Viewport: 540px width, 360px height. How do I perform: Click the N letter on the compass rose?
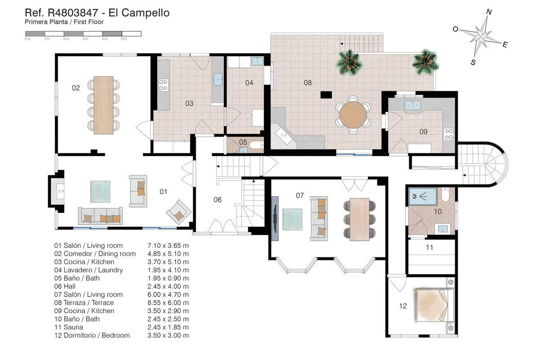click(x=489, y=12)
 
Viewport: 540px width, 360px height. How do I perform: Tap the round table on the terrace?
click(x=353, y=115)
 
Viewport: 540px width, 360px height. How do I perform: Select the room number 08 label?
click(x=308, y=83)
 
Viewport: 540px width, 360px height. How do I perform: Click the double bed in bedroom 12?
click(x=432, y=305)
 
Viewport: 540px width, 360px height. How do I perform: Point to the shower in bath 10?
click(x=423, y=197)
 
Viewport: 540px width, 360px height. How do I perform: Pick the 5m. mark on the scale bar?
click(x=124, y=39)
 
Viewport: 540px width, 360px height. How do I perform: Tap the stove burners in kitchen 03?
click(x=163, y=85)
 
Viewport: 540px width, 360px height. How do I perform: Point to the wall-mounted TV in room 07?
click(x=275, y=218)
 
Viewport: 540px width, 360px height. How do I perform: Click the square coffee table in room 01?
click(x=100, y=192)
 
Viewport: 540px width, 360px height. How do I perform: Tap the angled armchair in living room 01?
click(x=179, y=212)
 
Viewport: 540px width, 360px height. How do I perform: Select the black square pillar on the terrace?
click(x=326, y=95)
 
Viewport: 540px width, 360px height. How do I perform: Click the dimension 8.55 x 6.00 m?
click(x=168, y=302)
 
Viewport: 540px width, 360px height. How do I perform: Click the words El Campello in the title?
click(x=139, y=13)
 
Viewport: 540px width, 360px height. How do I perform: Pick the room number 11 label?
click(x=429, y=247)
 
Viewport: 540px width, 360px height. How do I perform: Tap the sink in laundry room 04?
click(x=257, y=61)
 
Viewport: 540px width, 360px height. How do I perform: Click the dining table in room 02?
click(x=103, y=105)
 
